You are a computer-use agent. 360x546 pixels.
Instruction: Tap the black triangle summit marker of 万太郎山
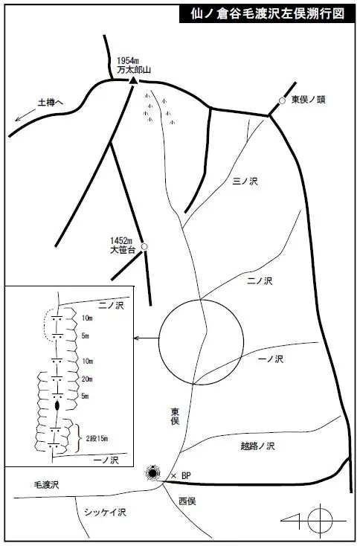point(133,80)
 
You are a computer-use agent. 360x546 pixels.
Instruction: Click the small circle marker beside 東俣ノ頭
point(282,100)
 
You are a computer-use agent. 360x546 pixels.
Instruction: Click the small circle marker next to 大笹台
point(144,246)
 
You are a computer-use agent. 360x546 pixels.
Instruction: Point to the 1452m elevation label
point(120,241)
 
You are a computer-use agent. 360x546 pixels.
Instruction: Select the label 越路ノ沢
point(257,446)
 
